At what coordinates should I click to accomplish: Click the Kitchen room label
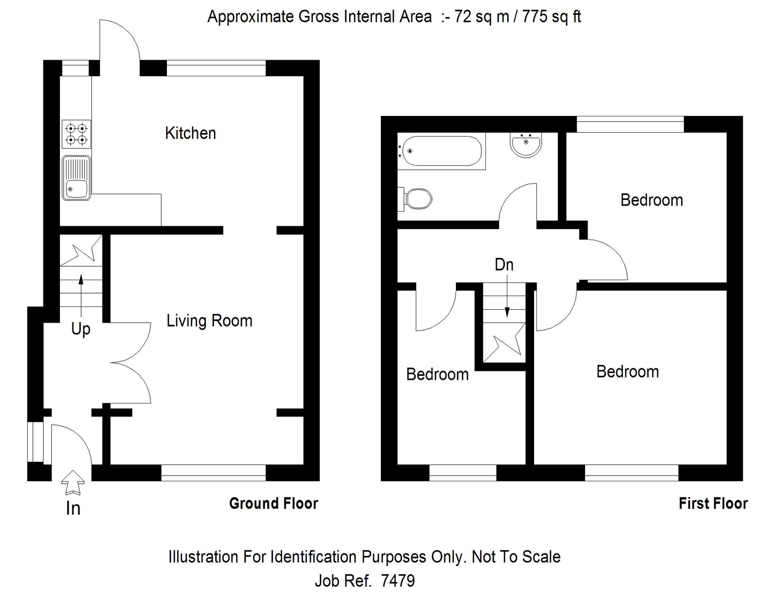pyautogui.click(x=190, y=133)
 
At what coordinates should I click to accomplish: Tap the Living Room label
pyautogui.click(x=209, y=321)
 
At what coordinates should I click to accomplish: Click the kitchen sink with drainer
pyautogui.click(x=76, y=178)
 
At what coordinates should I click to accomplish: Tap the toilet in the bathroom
pyautogui.click(x=415, y=199)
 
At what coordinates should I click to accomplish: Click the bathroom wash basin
pyautogui.click(x=526, y=145)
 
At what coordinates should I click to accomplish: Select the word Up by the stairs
pyautogui.click(x=81, y=329)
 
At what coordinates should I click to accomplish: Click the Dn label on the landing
pyautogui.click(x=504, y=265)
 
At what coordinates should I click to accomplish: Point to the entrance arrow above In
pyautogui.click(x=73, y=482)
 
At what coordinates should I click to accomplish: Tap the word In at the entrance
pyautogui.click(x=73, y=508)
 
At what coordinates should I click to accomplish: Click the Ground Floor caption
pyautogui.click(x=274, y=504)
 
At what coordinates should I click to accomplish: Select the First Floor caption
pyautogui.click(x=713, y=504)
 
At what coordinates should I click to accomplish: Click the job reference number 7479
pyautogui.click(x=398, y=581)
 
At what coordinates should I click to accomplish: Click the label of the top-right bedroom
pyautogui.click(x=652, y=200)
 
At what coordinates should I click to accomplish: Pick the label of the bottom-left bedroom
pyautogui.click(x=438, y=374)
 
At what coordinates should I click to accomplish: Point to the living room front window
pyautogui.click(x=214, y=473)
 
